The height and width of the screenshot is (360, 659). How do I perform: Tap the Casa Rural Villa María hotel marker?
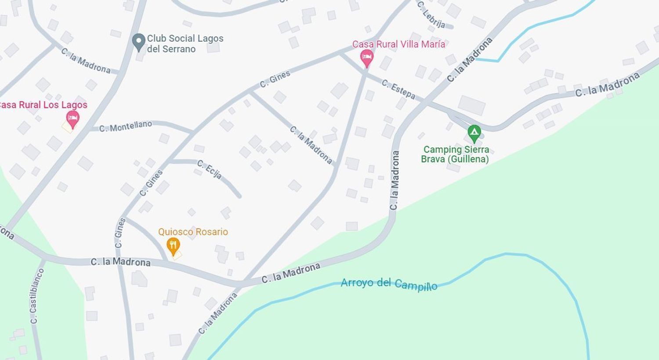367,58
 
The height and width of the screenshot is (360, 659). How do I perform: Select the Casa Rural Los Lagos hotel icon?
72,118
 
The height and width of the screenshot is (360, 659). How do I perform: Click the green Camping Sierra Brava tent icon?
474,132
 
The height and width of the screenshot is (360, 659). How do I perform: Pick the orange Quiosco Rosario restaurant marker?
174,246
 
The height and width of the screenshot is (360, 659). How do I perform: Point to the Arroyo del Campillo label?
389,284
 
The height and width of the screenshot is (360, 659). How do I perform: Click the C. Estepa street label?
398,89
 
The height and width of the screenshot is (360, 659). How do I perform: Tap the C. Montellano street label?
126,126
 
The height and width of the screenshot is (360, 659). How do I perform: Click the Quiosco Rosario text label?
193,232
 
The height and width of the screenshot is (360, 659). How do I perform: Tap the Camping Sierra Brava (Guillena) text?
455,154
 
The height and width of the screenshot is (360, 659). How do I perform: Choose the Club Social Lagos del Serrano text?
185,43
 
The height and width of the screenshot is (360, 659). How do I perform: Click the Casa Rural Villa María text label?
398,44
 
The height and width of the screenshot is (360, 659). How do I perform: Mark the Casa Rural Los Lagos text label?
43,105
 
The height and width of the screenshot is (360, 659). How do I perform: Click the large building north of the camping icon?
472,105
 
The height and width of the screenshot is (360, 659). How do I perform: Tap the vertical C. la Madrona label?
395,180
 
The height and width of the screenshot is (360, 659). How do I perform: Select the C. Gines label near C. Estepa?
275,79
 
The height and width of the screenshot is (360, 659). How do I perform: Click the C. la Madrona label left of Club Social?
86,61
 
